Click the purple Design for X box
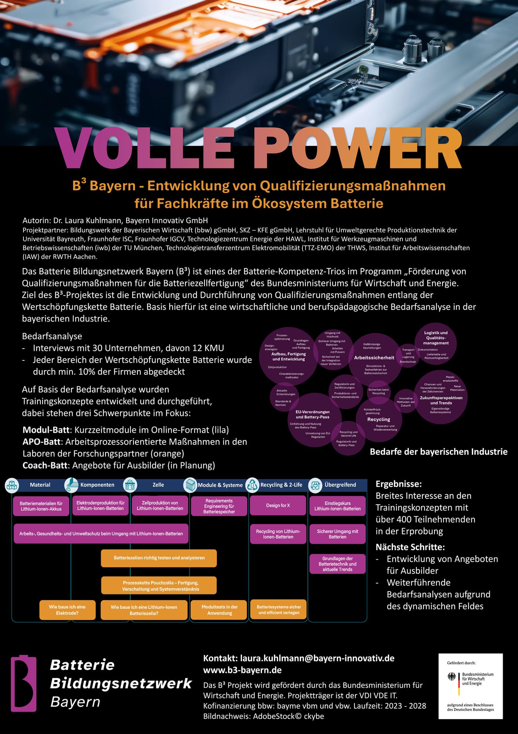point(278,505)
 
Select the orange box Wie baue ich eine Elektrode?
point(67,610)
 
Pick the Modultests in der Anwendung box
point(219,610)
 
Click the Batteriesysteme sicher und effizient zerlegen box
point(279,610)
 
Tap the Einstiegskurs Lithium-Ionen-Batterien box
point(337,506)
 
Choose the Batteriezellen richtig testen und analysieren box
point(159,558)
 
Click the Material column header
point(40,485)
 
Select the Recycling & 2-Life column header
point(281,485)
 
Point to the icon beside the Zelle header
point(130,485)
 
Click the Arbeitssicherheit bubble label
point(374,357)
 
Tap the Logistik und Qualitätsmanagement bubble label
point(436,338)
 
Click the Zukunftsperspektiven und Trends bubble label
point(441,400)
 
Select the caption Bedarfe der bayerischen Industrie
point(438,452)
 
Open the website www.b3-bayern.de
point(242,670)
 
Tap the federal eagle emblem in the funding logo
point(452,676)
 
